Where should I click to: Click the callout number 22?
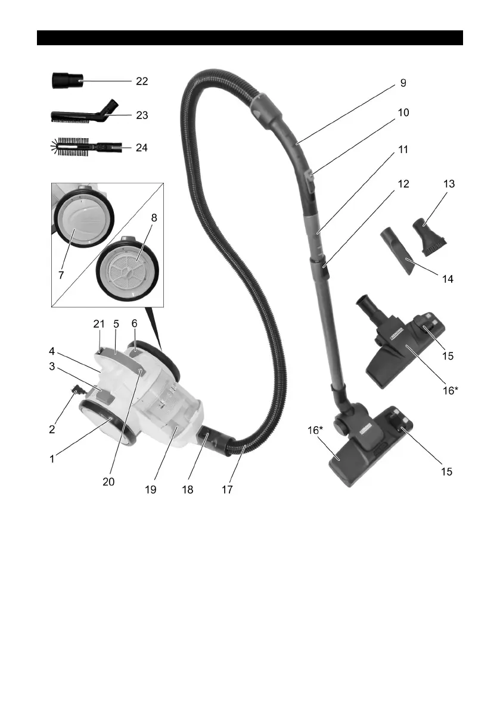pos(142,81)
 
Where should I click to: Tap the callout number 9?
pos(403,83)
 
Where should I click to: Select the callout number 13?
pos(449,185)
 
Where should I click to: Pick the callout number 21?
pos(99,324)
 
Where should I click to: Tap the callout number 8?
pos(154,218)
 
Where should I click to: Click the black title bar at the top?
pos(250,37)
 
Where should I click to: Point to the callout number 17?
pos(226,489)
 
